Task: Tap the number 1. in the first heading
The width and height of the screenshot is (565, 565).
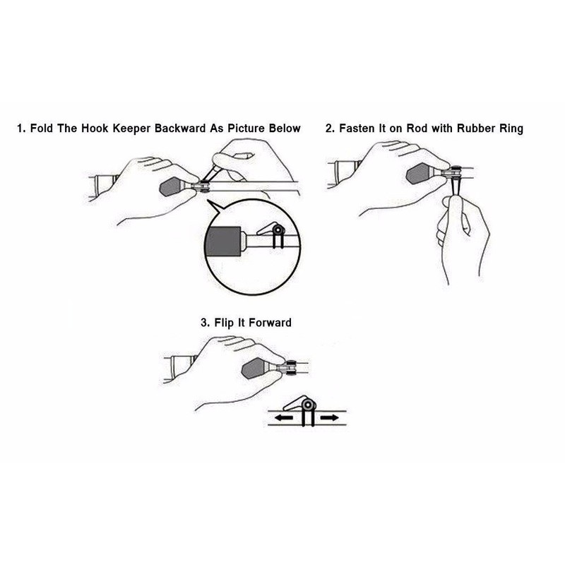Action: point(22,129)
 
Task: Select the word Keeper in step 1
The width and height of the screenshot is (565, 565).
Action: point(129,129)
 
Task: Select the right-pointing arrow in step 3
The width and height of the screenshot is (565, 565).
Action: point(328,417)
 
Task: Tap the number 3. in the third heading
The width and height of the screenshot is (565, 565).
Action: point(205,323)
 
